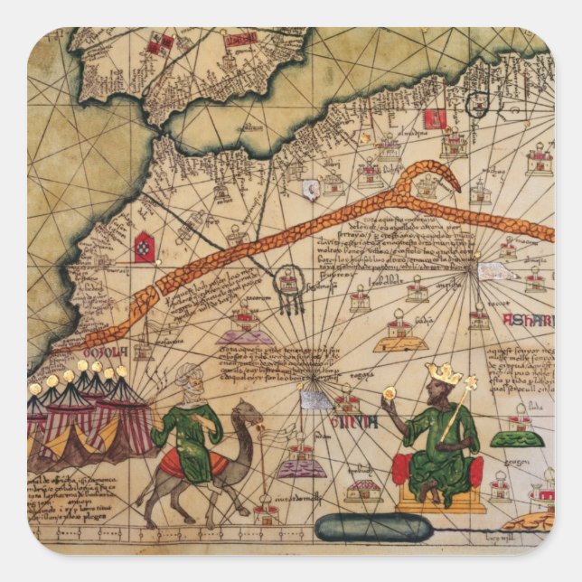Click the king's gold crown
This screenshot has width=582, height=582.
[443, 372]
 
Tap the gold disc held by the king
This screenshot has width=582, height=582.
[390, 394]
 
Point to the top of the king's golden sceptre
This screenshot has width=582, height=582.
[470, 383]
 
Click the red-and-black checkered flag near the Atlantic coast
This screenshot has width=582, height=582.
[144, 247]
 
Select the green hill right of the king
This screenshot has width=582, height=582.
[517, 438]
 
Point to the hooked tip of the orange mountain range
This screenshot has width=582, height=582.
[452, 185]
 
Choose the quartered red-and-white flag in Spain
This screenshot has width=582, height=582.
[164, 42]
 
